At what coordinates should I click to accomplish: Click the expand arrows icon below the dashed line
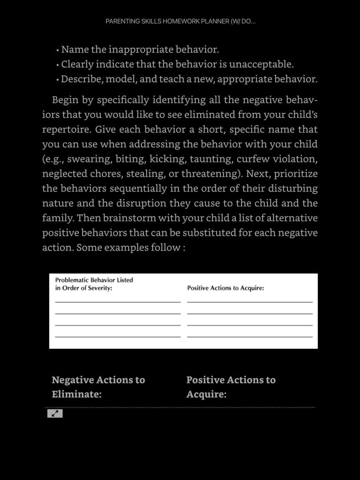click(x=55, y=413)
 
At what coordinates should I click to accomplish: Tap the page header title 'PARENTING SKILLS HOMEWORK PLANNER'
click(x=180, y=21)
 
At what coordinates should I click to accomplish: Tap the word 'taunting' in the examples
click(x=211, y=159)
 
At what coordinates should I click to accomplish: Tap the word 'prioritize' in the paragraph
click(x=295, y=173)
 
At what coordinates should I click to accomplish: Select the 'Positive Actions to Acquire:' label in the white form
click(x=225, y=288)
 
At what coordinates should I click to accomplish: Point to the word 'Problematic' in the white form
click(x=72, y=280)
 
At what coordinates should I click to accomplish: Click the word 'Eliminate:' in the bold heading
click(x=76, y=394)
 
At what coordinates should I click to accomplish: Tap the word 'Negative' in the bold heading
click(x=72, y=380)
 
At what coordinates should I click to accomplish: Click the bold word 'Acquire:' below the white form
click(x=206, y=394)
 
